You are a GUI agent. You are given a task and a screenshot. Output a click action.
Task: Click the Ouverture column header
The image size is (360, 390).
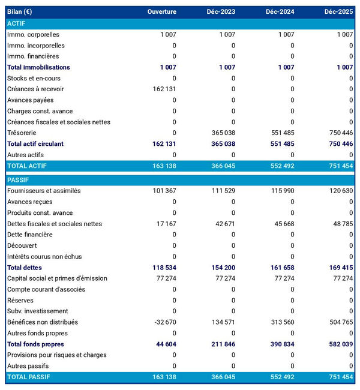tap(161, 12)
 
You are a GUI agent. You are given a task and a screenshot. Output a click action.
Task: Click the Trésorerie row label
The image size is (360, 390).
tap(22, 133)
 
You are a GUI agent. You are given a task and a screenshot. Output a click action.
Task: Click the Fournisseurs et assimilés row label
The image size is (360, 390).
tap(44, 191)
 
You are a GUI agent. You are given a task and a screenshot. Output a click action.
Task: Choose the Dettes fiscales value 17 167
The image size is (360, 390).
tap(166, 224)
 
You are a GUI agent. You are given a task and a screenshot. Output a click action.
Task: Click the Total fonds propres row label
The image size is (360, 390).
tap(35, 344)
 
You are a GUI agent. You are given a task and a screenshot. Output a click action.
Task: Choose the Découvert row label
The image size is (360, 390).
tap(22, 245)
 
